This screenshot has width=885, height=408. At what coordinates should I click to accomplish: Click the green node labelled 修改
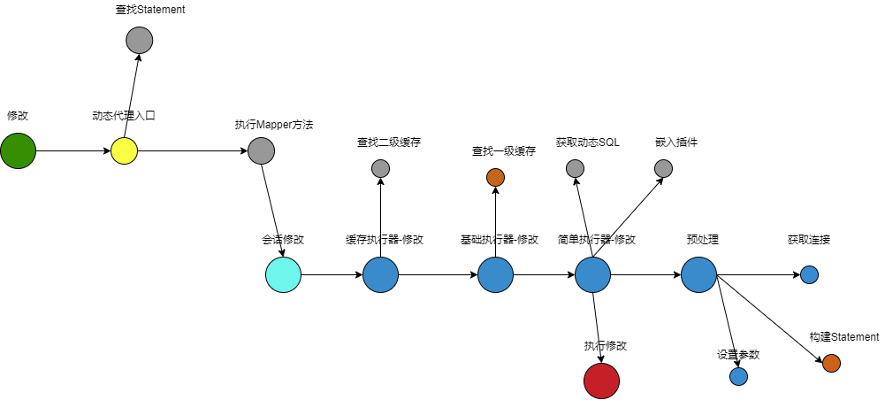tap(18, 151)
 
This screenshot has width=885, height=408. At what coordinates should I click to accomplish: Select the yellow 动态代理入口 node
tap(125, 151)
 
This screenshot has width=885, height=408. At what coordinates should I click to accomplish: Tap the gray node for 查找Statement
tap(140, 40)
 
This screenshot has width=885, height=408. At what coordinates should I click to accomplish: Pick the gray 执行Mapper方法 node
tap(261, 151)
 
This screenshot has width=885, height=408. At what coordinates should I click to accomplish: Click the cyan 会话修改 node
tap(283, 274)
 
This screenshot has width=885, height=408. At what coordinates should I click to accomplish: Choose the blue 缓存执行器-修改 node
tap(380, 274)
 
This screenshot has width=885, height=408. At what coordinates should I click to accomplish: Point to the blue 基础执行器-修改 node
tap(495, 274)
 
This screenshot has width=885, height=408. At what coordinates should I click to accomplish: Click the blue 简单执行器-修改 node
tap(592, 274)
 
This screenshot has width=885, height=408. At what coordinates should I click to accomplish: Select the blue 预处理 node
tap(698, 274)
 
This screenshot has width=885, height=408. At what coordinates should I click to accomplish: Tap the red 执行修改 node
tap(601, 381)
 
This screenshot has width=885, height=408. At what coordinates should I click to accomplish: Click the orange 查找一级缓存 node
tap(495, 177)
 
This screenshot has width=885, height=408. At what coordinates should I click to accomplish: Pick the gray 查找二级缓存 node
tap(380, 168)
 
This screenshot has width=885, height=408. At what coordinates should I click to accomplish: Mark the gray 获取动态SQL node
tap(575, 168)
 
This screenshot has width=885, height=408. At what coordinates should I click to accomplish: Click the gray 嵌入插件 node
tap(663, 168)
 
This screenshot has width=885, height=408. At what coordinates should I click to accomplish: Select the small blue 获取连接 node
tap(809, 274)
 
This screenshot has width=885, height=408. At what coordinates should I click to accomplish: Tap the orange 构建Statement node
tap(831, 363)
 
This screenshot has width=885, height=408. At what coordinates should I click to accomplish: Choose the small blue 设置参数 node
tap(739, 376)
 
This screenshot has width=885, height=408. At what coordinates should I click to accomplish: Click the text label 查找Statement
tap(150, 11)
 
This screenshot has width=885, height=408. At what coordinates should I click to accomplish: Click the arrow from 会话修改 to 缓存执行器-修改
tap(332, 274)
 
